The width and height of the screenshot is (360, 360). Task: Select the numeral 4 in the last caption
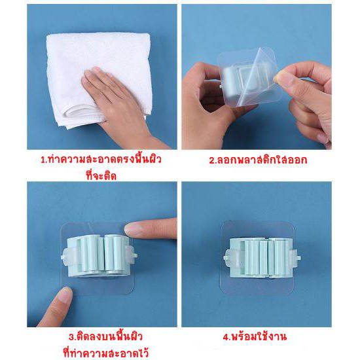click(x=225, y=337)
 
